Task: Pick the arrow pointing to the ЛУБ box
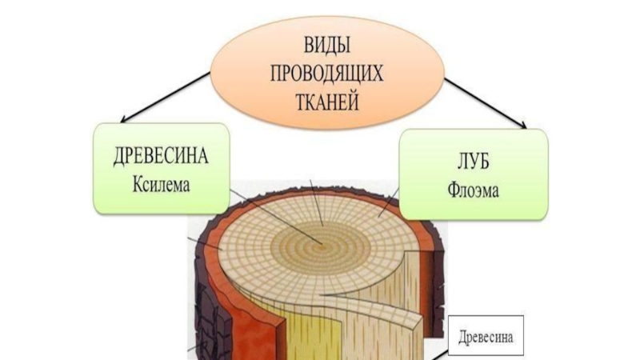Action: click(484, 103)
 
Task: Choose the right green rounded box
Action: click(473, 174)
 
